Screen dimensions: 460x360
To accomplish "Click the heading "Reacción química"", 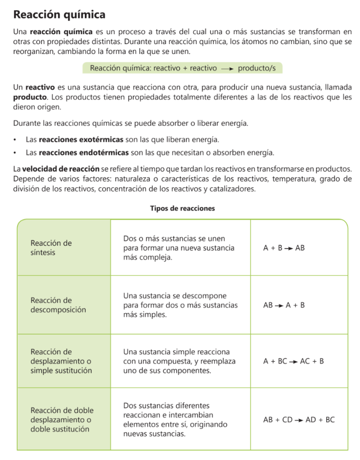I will click(59, 15).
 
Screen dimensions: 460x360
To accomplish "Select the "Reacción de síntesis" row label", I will click(51, 248).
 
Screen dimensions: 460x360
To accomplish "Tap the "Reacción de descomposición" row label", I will click(58, 305).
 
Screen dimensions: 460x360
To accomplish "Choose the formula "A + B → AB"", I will click(284, 248).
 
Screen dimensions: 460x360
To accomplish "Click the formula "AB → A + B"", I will click(284, 305).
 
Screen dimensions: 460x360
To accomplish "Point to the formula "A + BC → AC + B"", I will click(293, 361).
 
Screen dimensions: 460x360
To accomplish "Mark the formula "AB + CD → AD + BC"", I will click(299, 420).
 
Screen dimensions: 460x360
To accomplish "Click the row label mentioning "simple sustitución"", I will click(61, 361).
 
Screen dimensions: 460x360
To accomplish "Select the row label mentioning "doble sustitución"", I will click(62, 420).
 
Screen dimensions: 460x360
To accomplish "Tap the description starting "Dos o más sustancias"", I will click(179, 248).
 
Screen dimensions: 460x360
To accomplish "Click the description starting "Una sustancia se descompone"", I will click(180, 305).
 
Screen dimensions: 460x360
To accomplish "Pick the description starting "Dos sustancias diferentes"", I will click(175, 420).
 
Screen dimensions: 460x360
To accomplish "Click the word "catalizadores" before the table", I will click(232, 189).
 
